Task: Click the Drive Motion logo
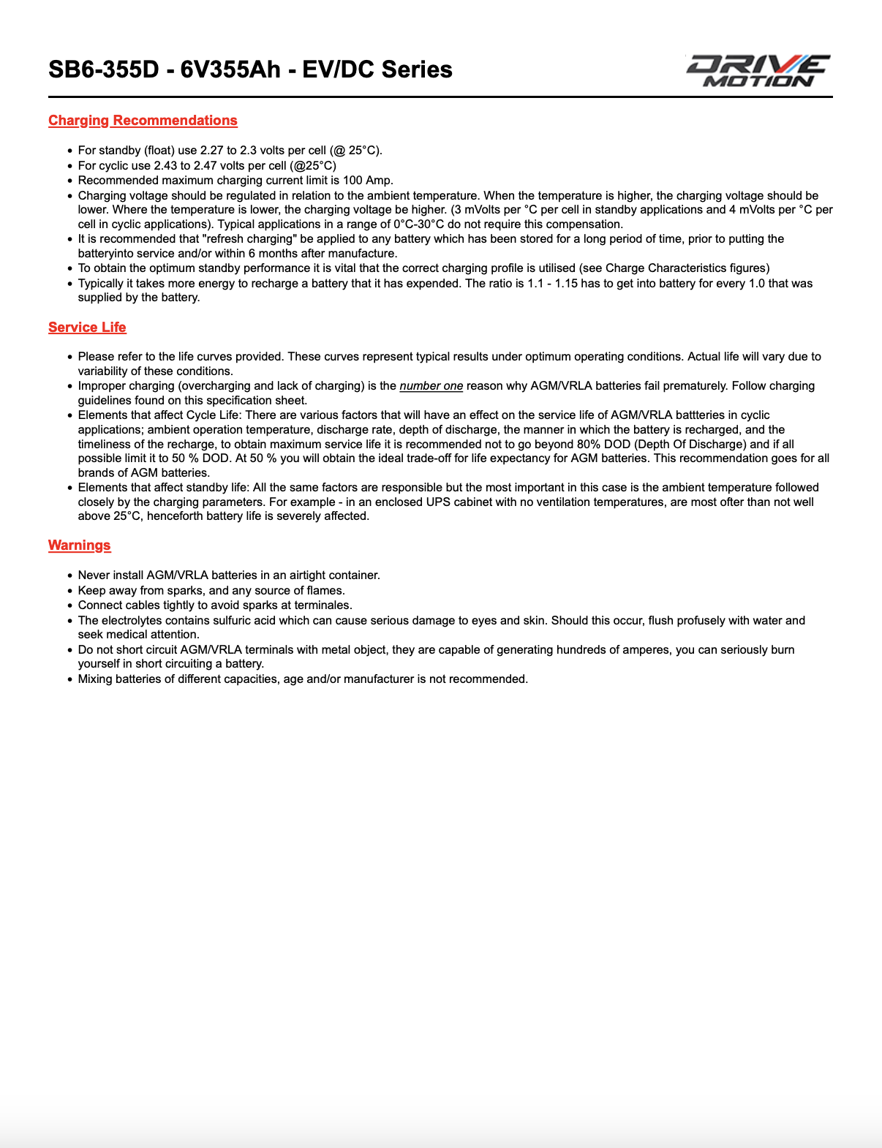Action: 757,70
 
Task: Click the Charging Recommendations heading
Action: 143,121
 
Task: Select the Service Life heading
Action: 87,328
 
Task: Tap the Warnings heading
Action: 79,545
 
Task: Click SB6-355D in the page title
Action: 103,69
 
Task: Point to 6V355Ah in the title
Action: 230,69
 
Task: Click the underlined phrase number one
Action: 431,386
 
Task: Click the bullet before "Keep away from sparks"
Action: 70,591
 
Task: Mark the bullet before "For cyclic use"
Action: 70,166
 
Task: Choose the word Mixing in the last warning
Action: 95,679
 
